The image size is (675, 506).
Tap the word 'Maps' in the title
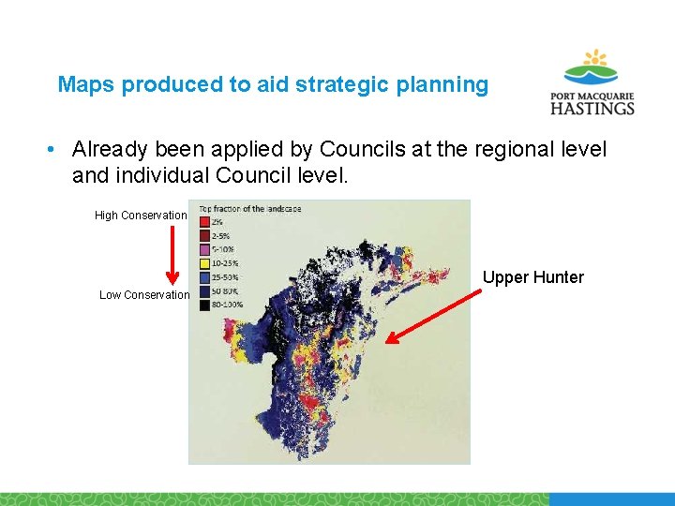click(x=86, y=85)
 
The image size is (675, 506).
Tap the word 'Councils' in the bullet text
click(x=362, y=149)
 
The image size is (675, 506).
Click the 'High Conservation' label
click(x=141, y=216)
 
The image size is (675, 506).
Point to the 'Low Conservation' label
click(x=144, y=295)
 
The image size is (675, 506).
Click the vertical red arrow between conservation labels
click(x=172, y=255)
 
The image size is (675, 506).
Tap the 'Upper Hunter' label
click(x=532, y=277)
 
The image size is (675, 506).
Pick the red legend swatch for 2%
click(x=203, y=222)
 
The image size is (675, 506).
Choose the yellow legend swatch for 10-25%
click(x=203, y=264)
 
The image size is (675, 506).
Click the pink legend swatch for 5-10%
click(x=203, y=250)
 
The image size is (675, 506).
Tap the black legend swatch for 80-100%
click(x=203, y=305)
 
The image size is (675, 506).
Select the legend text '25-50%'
click(x=226, y=278)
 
